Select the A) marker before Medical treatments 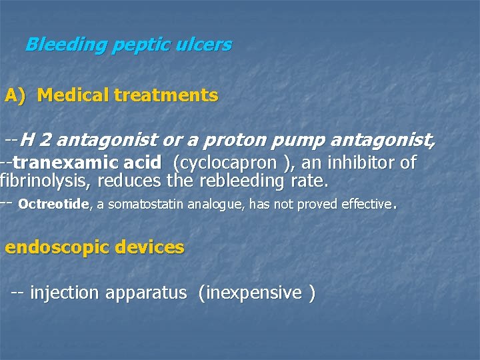coord(15,95)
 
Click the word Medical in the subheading coord(73,95)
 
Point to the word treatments coord(165,95)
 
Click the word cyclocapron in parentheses coord(221,162)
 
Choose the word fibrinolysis coord(40,181)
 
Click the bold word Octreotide coord(53,205)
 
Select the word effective coord(366,205)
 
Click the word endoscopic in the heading coord(57,247)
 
